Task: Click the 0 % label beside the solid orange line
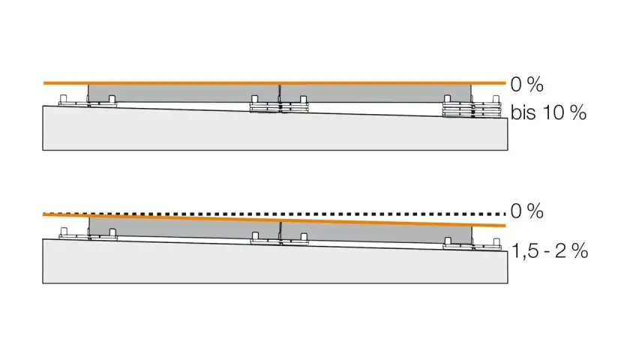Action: click(526, 85)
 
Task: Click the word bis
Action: click(523, 112)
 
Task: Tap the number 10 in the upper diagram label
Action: click(554, 113)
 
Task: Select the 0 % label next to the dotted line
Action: click(526, 211)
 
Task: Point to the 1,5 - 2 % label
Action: click(550, 251)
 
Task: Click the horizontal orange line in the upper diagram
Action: click(274, 83)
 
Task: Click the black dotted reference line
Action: click(274, 213)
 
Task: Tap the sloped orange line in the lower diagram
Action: click(274, 220)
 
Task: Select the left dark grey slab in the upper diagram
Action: click(183, 93)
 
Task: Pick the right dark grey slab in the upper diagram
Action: click(376, 93)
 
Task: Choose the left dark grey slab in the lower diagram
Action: click(184, 227)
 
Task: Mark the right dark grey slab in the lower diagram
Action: click(376, 233)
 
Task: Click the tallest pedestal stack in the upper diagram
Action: click(472, 109)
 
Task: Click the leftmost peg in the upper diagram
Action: click(63, 99)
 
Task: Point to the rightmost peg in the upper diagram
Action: click(496, 99)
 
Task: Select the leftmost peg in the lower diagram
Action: click(64, 232)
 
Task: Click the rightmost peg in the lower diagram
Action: click(496, 241)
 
